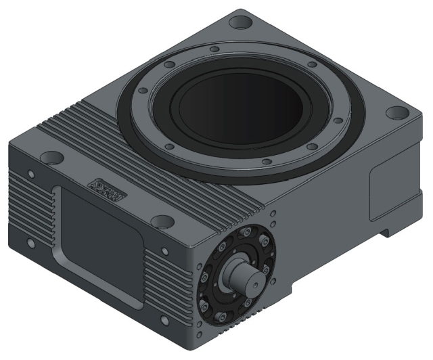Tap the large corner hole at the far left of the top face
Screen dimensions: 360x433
[49, 158]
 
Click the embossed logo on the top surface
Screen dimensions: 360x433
[106, 190]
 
